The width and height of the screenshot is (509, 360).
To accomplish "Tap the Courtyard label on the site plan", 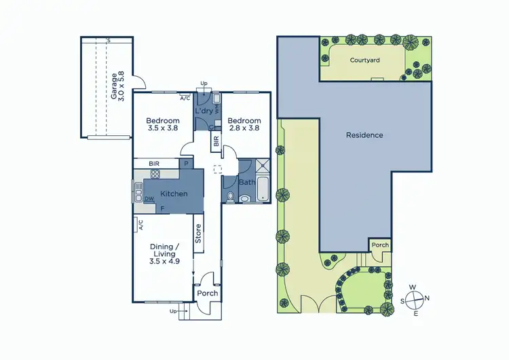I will click(364, 60).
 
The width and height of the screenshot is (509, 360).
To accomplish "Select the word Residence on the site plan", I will click(364, 135).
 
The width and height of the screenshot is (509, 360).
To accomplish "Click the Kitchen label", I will click(174, 194).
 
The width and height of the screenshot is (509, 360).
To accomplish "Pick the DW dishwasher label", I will click(149, 199).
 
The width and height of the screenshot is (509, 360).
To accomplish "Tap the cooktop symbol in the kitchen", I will click(155, 174).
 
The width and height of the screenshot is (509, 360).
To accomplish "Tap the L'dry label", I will click(203, 111).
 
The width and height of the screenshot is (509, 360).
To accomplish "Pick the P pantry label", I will click(185, 164).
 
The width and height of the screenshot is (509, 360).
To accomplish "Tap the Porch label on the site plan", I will click(379, 245).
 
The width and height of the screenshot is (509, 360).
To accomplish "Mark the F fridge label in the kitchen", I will click(162, 207).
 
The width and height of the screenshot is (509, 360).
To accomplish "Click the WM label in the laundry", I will click(217, 107).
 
